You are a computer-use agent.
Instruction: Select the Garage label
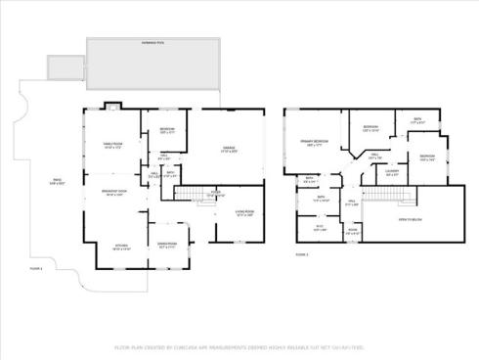click(229, 150)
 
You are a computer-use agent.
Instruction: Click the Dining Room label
click(167, 245)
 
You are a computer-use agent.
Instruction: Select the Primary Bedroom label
click(314, 144)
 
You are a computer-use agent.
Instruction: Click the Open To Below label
click(422, 220)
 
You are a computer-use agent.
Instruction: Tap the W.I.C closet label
click(318, 229)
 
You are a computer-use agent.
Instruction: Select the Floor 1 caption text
click(64, 267)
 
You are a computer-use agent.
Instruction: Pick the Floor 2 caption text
click(301, 253)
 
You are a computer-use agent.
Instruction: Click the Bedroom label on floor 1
click(167, 131)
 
